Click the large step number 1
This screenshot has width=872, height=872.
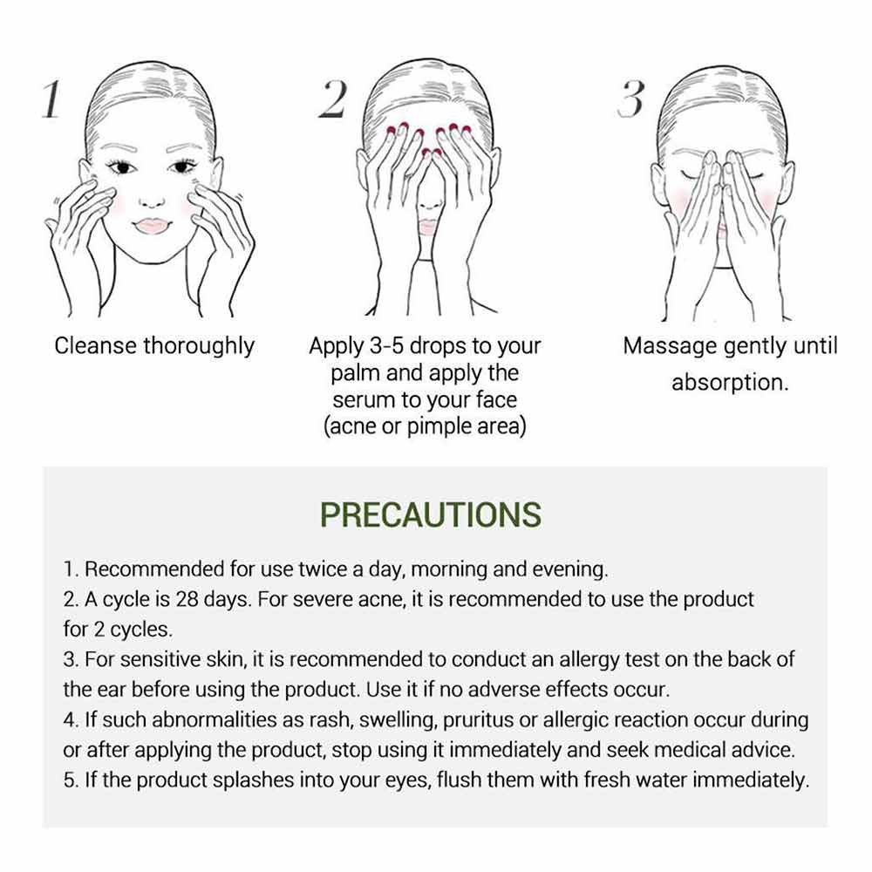click(51, 99)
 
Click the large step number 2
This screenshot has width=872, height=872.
click(332, 99)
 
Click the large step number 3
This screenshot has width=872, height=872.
click(631, 99)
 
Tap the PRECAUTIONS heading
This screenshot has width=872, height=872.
click(431, 514)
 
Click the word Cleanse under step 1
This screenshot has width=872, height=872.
click(96, 345)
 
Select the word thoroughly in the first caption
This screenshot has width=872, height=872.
click(199, 347)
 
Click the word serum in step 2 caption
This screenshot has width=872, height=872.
click(360, 400)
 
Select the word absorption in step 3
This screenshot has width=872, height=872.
click(727, 383)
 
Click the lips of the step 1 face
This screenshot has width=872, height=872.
click(152, 225)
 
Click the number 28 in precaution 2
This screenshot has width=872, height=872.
click(187, 600)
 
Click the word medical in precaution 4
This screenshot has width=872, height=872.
click(689, 750)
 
